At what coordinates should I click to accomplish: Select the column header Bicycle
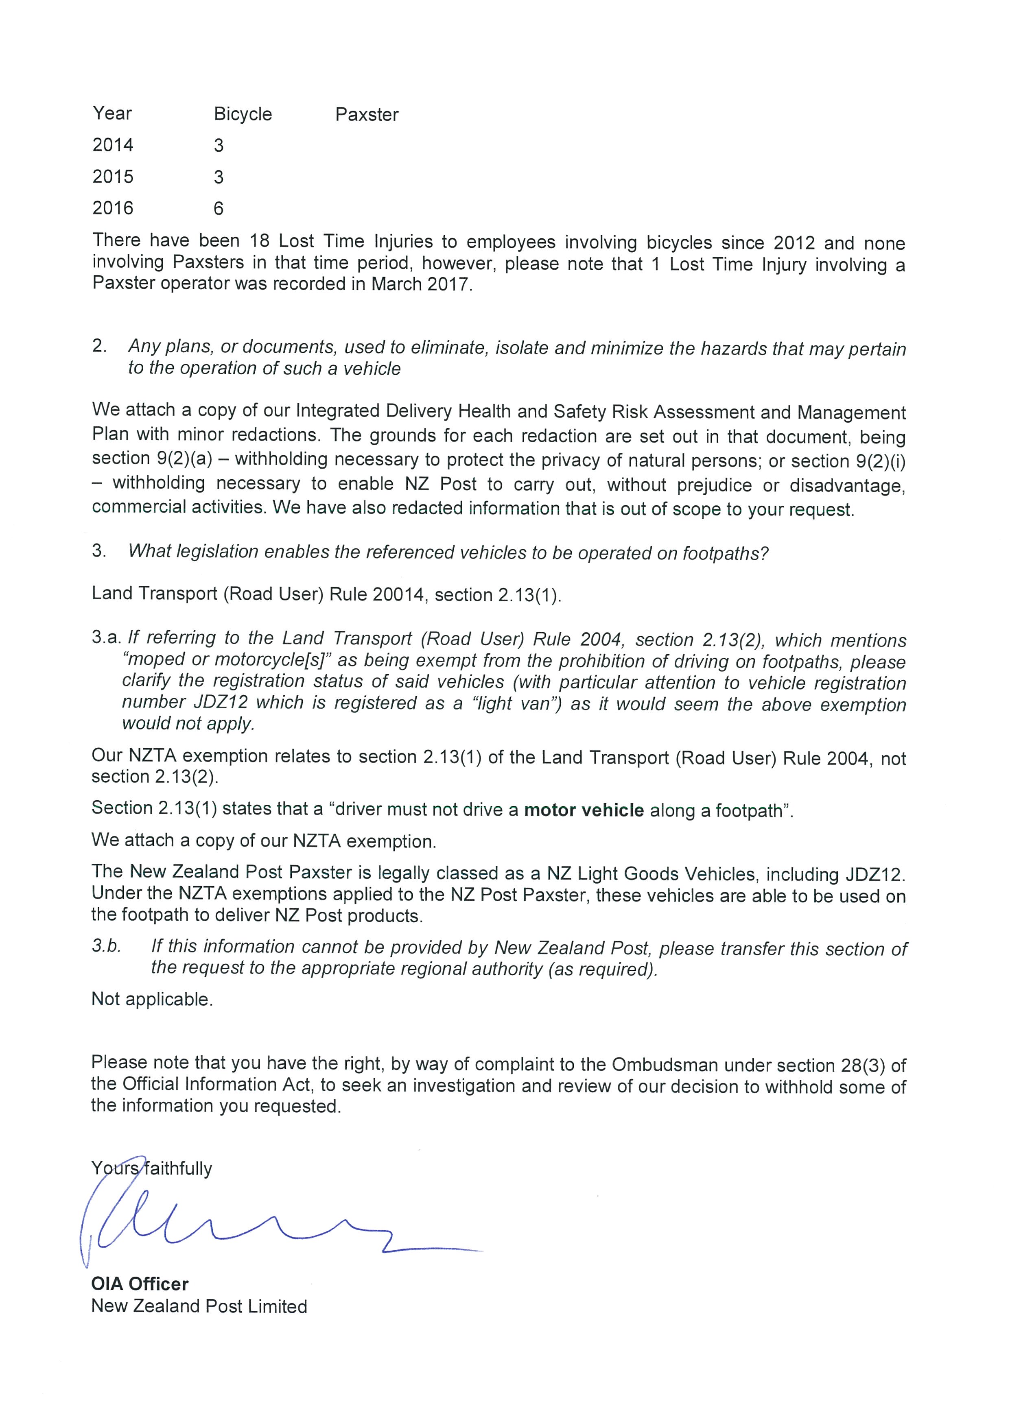coord(243,114)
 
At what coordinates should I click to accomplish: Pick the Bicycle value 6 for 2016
coord(218,208)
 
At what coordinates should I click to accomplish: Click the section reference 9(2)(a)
coord(184,459)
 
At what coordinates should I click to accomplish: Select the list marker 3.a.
coord(107,637)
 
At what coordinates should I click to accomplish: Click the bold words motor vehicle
coord(584,810)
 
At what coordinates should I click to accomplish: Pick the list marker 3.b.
coord(106,946)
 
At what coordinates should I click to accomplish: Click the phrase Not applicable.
coord(152,999)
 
